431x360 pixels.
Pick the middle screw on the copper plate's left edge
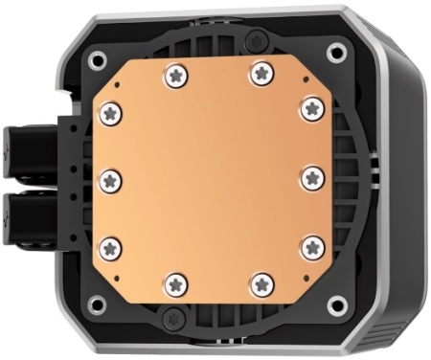click(x=110, y=179)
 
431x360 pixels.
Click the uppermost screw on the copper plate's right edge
click(x=311, y=108)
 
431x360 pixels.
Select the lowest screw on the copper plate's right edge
click(x=311, y=248)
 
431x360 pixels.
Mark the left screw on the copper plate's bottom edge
click(x=174, y=283)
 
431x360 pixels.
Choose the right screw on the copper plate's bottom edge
click(x=260, y=283)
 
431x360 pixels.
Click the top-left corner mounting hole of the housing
click(x=97, y=59)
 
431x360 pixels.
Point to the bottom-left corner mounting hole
click(x=96, y=305)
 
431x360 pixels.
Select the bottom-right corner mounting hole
click(x=335, y=306)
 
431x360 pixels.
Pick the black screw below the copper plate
click(x=172, y=317)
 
